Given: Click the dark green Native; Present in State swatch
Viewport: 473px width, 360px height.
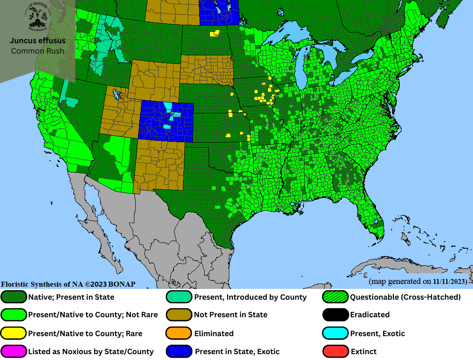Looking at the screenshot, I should click(x=14, y=297).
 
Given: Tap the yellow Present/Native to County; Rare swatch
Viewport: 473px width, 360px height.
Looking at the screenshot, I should click(x=14, y=333).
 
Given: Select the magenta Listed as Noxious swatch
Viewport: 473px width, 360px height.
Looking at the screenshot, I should click(x=14, y=351).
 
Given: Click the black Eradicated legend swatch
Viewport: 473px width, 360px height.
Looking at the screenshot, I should click(x=336, y=315).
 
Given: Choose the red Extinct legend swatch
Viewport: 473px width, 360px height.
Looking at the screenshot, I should click(x=336, y=351).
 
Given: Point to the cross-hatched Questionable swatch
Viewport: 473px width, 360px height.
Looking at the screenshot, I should click(x=336, y=297).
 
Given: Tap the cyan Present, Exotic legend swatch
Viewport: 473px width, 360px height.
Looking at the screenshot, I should click(x=336, y=333).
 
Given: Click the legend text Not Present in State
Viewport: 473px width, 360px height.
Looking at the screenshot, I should click(x=231, y=315).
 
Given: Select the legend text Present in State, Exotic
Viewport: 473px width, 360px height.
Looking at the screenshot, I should click(x=237, y=351).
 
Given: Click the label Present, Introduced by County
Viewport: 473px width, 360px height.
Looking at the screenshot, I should click(x=250, y=297).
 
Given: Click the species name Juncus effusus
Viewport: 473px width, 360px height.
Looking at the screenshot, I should click(x=38, y=40).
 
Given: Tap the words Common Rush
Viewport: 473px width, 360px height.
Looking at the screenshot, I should click(x=38, y=51).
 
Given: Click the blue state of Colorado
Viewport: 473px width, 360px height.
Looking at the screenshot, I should click(x=166, y=121).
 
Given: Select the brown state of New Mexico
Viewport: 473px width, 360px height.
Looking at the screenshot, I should click(x=159, y=164).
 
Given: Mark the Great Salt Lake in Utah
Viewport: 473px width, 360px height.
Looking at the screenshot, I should click(x=118, y=96).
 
